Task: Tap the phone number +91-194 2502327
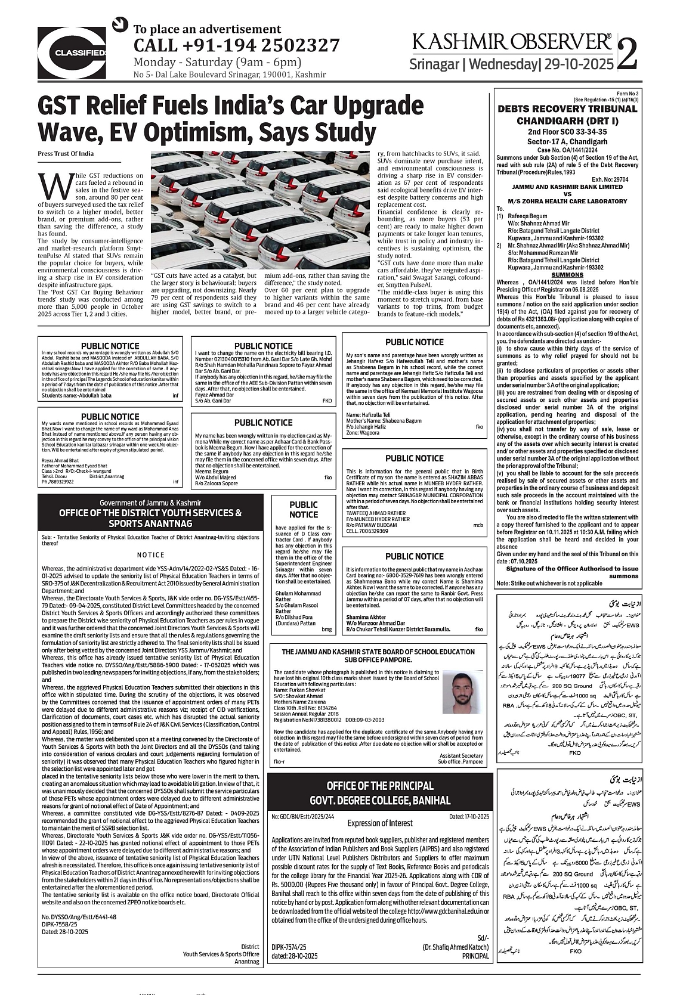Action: point(236,45)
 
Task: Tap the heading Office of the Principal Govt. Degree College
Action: point(379,792)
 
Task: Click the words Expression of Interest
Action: point(380,823)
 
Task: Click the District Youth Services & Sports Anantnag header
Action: point(150,517)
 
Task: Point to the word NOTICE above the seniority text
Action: point(150,554)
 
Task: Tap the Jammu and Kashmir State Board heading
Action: point(379,639)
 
